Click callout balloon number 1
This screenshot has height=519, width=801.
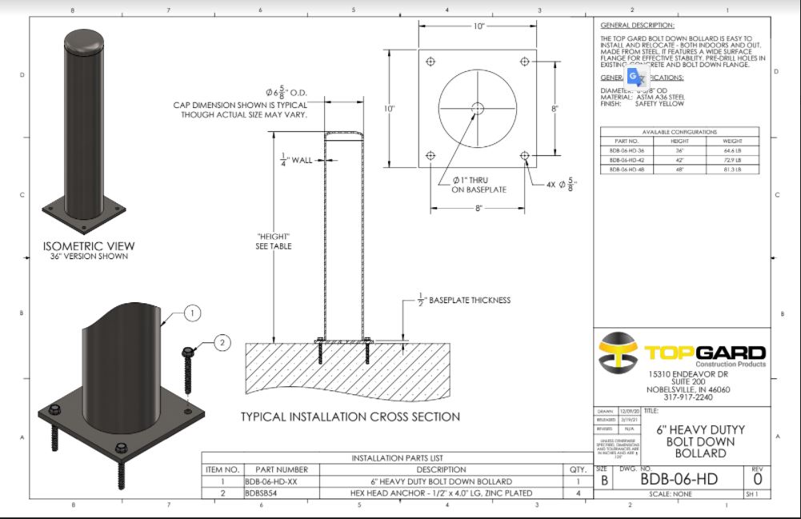pos(192,313)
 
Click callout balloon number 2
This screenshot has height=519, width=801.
pos(222,343)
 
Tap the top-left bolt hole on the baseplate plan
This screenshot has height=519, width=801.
pos(431,62)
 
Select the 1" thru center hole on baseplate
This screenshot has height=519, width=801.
pos(477,108)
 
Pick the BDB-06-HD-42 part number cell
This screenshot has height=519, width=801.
pos(626,160)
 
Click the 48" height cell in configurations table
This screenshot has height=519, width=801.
pos(679,170)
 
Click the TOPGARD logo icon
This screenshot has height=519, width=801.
pos(618,352)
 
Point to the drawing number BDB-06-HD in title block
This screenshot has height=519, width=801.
pos(678,480)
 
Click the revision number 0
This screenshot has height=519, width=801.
pos(757,480)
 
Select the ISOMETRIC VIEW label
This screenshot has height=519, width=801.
pos(89,246)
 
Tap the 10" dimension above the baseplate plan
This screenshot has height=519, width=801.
pos(479,26)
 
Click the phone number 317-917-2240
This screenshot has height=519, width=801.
pos(688,397)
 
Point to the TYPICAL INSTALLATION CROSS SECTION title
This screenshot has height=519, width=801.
pos(350,417)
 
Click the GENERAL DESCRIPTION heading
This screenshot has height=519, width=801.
pos(637,26)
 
